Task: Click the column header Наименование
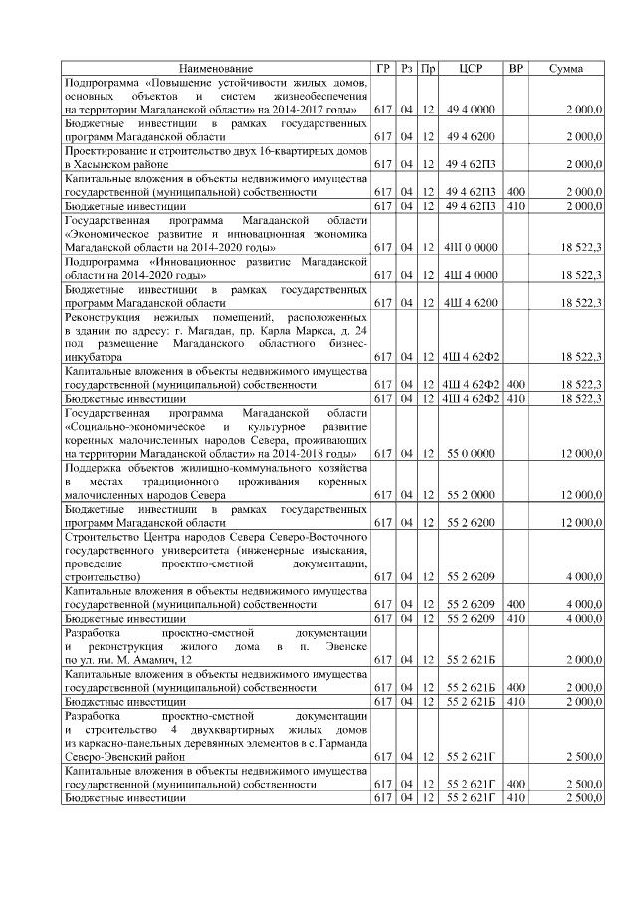click(216, 68)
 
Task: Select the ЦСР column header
click(471, 68)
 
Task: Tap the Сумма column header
click(566, 68)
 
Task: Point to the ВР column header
click(516, 68)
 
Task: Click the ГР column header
click(383, 68)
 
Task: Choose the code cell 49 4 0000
click(471, 108)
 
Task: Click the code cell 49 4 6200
click(471, 136)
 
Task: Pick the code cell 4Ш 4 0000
click(471, 274)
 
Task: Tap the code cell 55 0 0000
click(471, 453)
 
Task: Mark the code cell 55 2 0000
click(471, 494)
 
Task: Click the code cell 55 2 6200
click(471, 522)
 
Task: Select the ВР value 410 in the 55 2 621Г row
click(516, 797)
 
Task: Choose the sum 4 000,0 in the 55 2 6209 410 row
click(583, 618)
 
